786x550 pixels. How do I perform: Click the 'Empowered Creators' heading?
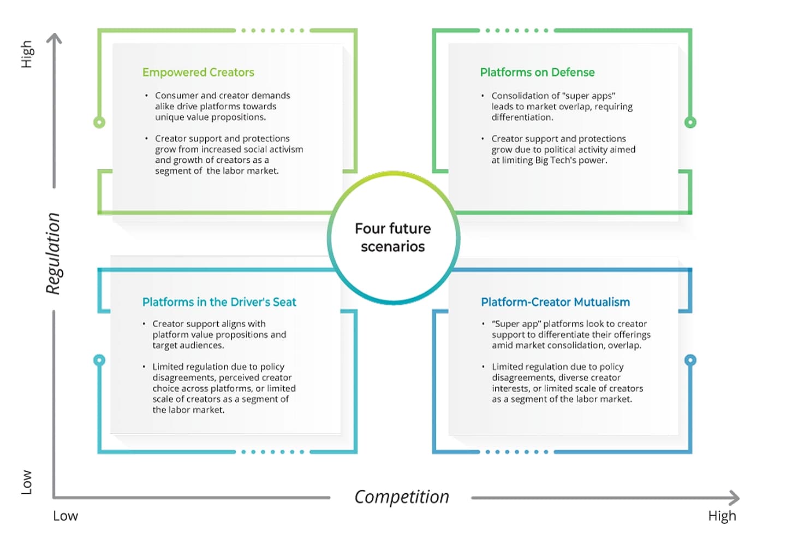(198, 72)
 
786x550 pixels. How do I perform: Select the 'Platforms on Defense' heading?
(537, 72)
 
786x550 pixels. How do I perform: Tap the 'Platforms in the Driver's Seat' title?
(219, 302)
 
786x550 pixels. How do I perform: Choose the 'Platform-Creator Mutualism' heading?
(555, 302)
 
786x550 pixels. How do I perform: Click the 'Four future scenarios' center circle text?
(393, 237)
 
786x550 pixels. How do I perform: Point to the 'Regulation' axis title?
(53, 253)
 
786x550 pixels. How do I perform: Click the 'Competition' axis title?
(402, 497)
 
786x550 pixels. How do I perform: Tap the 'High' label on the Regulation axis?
(26, 54)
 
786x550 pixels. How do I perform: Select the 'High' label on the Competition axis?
(722, 516)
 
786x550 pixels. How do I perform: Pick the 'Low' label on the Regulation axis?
(26, 482)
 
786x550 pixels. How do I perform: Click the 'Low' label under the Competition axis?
(65, 516)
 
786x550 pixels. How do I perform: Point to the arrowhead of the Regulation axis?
(54, 38)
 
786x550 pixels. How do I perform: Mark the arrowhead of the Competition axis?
(735, 498)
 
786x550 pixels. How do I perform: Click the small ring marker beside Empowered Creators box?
(99, 122)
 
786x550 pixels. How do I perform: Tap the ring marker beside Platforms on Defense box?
(690, 122)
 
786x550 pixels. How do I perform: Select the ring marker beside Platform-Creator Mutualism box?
(690, 360)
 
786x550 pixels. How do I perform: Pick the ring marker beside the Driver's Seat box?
(99, 360)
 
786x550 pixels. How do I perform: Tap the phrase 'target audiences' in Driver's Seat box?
(188, 345)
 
